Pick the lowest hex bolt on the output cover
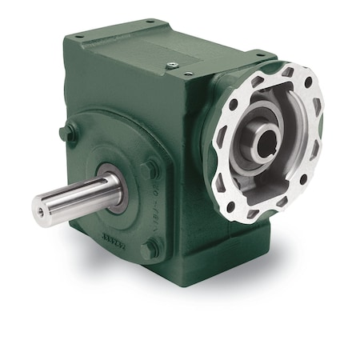coord(149,250)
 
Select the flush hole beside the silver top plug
coord(190,73)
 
